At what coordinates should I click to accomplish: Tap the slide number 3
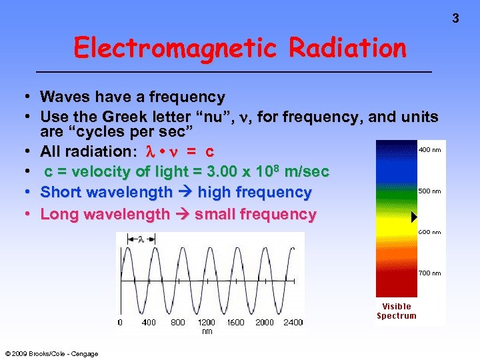455,19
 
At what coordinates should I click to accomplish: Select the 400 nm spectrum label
429,150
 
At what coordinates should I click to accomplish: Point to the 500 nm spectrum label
429,191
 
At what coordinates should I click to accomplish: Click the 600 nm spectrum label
429,233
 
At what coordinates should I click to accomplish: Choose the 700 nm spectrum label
429,273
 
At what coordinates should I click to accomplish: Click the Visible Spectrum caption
397,311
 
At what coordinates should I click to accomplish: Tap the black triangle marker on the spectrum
414,217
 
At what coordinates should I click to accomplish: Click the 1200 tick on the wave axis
207,322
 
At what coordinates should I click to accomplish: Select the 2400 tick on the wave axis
293,322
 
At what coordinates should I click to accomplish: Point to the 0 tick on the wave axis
120,322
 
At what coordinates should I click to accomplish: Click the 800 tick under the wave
178,322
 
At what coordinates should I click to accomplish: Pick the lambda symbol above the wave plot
141,239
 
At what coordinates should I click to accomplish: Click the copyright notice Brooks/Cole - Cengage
51,353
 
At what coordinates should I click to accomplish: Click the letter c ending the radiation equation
210,151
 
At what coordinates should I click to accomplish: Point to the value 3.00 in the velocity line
206,172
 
